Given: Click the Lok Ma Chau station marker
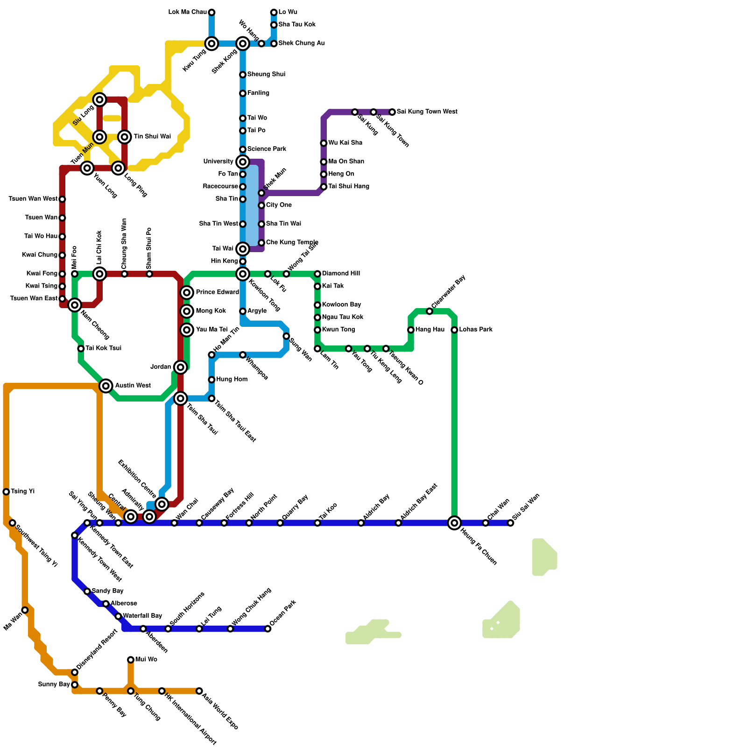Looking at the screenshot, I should pyautogui.click(x=211, y=12).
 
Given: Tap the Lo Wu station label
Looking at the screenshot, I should pyautogui.click(x=288, y=12).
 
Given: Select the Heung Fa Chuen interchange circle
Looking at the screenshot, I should pyautogui.click(x=454, y=523).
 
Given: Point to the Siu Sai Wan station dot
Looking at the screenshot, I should pyautogui.click(x=511, y=523).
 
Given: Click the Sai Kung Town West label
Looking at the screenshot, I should pyautogui.click(x=427, y=112).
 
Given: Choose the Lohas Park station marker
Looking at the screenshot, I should pyautogui.click(x=454, y=330).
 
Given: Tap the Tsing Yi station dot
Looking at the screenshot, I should pyautogui.click(x=6, y=492).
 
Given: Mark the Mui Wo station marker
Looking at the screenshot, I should pyautogui.click(x=131, y=660).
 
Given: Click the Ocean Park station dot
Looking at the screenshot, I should pyautogui.click(x=268, y=629).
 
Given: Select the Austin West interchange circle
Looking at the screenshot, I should pyautogui.click(x=106, y=386).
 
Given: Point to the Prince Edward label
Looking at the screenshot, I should pyautogui.click(x=217, y=292).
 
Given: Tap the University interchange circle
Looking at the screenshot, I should pyautogui.click(x=243, y=162).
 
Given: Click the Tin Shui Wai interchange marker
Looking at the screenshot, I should pyautogui.click(x=124, y=137).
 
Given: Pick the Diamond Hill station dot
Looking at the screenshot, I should pyautogui.click(x=317, y=274).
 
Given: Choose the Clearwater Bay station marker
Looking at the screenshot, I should pyautogui.click(x=430, y=311).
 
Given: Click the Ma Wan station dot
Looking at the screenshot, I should pyautogui.click(x=25, y=610).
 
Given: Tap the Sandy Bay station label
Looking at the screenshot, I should pyautogui.click(x=107, y=591).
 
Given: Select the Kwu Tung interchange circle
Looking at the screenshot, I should pyautogui.click(x=211, y=44).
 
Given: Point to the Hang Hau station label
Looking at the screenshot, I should pyautogui.click(x=430, y=330).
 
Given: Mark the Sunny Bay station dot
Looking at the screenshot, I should pyautogui.click(x=75, y=685).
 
